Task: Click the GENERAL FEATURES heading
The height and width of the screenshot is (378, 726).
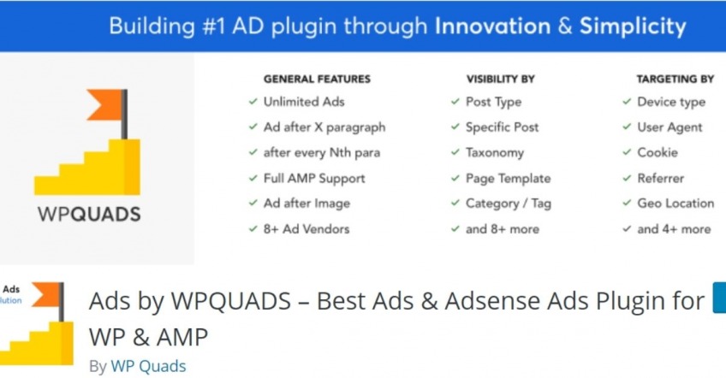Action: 317,79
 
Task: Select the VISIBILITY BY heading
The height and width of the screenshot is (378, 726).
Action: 500,79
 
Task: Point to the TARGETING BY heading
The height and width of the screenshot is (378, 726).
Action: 675,79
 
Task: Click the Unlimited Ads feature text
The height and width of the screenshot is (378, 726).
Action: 304,102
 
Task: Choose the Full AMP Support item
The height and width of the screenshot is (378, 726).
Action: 314,178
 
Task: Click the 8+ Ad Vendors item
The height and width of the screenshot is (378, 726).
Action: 306,228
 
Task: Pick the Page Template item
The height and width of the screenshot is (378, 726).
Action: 508,178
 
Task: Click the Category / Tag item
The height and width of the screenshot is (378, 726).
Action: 508,204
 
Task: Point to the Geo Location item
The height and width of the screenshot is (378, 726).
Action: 675,204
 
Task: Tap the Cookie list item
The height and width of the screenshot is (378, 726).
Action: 657,152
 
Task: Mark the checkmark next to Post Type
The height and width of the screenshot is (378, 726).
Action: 455,102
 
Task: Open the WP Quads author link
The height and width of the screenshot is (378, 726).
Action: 148,366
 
